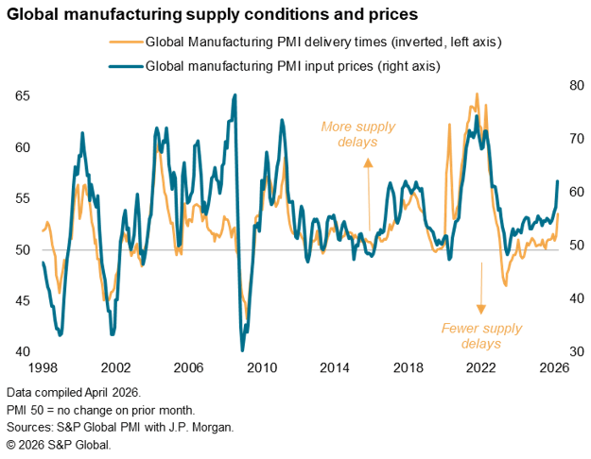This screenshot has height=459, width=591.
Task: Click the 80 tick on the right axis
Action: point(573,85)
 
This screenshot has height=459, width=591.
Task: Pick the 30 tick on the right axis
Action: point(573,351)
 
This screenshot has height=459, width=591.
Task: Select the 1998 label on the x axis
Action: point(43,368)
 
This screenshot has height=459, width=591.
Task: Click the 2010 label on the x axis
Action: point(262,368)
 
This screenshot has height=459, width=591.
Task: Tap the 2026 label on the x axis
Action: point(554,368)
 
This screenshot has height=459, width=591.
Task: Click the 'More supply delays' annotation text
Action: point(356,134)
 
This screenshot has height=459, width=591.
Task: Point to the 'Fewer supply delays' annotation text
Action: point(479,335)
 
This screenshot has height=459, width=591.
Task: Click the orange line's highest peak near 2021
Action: point(477,93)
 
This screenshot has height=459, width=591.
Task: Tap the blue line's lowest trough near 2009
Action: point(242,350)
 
